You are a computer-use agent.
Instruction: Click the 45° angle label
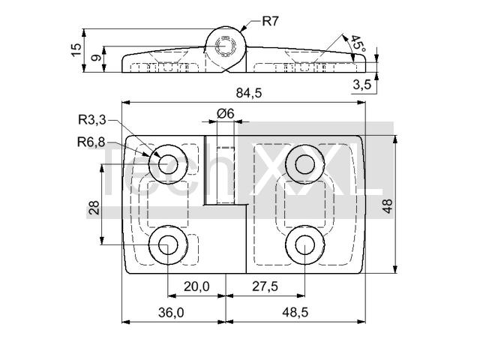point(359,46)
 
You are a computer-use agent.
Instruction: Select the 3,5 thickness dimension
point(361,85)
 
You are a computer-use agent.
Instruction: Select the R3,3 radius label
point(91,118)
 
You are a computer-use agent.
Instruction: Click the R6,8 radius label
point(91,140)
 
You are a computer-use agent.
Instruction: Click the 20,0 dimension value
point(196,286)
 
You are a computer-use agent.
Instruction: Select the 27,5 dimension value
point(262,286)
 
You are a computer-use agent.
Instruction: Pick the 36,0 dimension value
point(171,312)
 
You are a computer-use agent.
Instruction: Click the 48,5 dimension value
point(294,312)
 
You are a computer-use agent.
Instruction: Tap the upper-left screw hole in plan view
point(167,162)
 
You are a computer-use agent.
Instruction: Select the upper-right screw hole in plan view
point(304,162)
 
